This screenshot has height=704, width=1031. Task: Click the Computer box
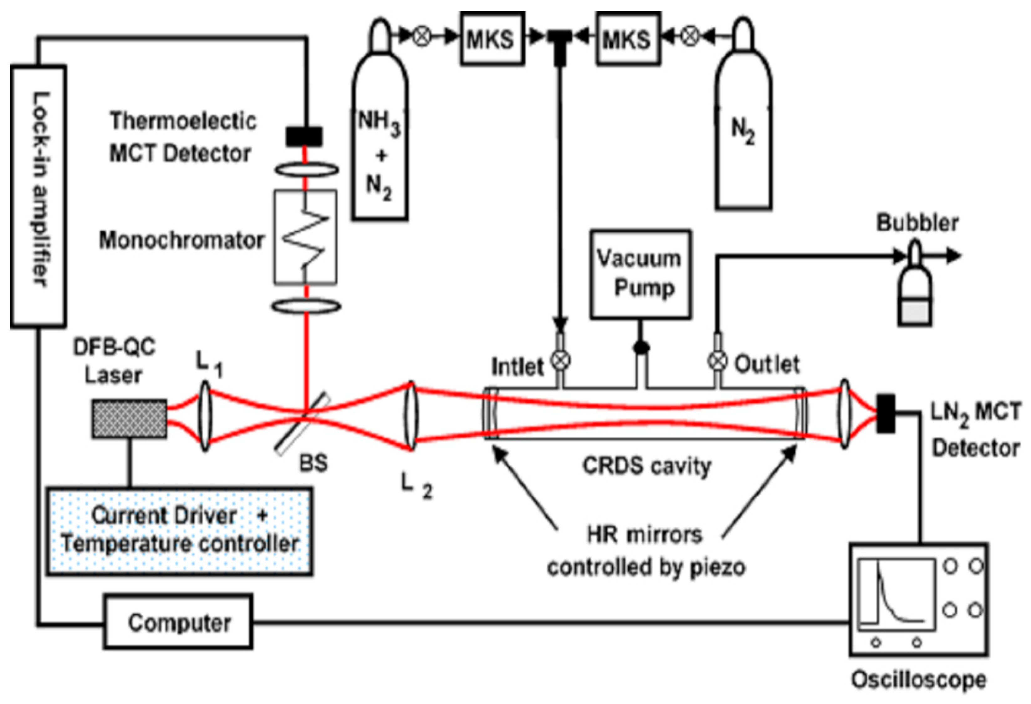pyautogui.click(x=178, y=622)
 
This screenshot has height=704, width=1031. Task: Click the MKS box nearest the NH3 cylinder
pyautogui.click(x=492, y=38)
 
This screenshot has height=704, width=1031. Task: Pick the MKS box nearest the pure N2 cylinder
pyautogui.click(x=627, y=38)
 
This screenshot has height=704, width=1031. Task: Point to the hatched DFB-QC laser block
pyautogui.click(x=130, y=419)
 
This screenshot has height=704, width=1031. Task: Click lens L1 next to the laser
pyautogui.click(x=205, y=417)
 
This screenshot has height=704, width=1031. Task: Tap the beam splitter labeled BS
pyautogui.click(x=303, y=422)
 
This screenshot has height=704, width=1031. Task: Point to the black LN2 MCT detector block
pyautogui.click(x=886, y=413)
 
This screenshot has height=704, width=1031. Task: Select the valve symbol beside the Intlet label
pyautogui.click(x=561, y=360)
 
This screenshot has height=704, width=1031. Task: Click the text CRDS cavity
pyautogui.click(x=646, y=466)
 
